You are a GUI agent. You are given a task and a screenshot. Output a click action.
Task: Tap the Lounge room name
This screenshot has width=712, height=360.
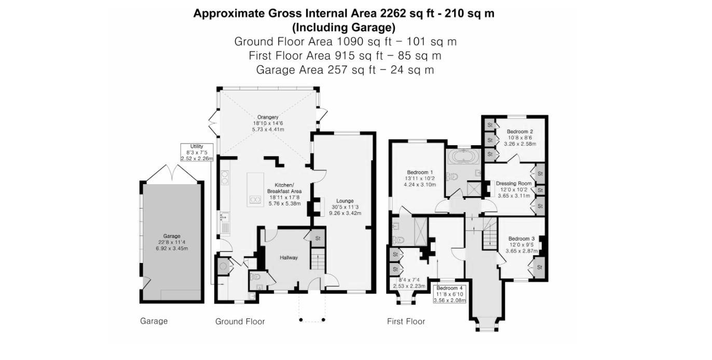coord(345,201)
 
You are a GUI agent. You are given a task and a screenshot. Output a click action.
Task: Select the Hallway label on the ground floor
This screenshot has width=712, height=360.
coord(289,257)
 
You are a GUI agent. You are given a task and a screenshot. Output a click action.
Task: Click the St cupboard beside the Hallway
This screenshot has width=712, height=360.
coord(318,238)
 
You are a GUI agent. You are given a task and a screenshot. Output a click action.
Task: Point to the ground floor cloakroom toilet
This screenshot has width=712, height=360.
coord(255,278)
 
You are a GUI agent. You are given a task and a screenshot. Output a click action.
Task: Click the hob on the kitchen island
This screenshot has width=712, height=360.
coord(255,199)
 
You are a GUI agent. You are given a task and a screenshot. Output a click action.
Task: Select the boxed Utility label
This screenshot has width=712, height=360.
coord(197,147)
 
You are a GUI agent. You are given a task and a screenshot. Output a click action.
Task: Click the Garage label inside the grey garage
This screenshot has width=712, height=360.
coord(172,236)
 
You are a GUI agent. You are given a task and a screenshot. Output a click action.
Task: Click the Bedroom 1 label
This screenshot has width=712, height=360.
coord(420,172)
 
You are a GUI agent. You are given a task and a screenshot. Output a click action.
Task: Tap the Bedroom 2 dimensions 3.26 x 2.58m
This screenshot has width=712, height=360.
coord(519,144)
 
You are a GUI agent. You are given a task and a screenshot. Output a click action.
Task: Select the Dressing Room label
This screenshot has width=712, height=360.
coord(513,183)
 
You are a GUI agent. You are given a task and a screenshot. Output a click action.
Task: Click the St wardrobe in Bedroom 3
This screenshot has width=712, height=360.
coord(539,267)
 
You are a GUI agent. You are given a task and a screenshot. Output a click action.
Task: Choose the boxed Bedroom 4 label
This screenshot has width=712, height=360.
coord(449,288)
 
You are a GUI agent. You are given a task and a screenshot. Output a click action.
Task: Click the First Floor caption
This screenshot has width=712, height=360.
coord(406,322)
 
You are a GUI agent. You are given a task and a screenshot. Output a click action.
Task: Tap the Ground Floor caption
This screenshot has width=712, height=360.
coord(240,322)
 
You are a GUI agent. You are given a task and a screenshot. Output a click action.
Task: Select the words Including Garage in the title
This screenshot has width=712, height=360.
coord(344,27)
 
